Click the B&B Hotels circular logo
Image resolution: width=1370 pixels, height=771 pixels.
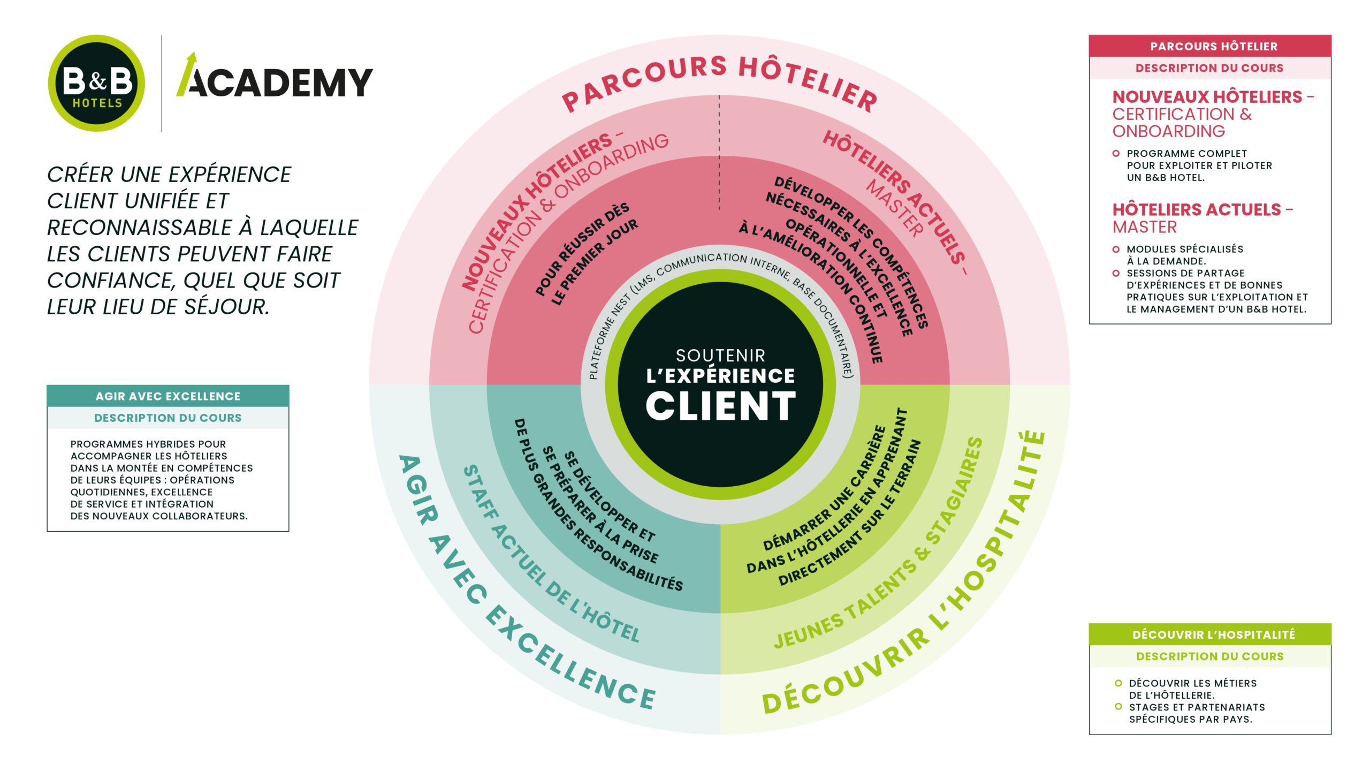click(96, 84)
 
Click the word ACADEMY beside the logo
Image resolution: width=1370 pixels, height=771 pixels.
click(281, 84)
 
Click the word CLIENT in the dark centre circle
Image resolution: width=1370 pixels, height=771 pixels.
click(720, 406)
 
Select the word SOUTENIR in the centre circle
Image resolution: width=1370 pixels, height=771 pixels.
click(720, 356)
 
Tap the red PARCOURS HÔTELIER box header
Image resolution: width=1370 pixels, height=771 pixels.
click(1210, 47)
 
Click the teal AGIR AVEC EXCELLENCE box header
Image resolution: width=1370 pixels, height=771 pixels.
click(168, 396)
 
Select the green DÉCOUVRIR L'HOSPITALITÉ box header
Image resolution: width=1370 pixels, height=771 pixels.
click(1210, 634)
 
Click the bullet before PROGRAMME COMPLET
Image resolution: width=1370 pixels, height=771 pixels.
click(1116, 154)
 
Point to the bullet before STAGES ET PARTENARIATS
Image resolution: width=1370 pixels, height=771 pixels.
click(1118, 707)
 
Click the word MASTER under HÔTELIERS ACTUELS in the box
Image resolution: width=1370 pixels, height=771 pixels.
click(1145, 228)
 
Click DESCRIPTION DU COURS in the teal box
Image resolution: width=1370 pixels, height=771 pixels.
click(168, 418)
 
